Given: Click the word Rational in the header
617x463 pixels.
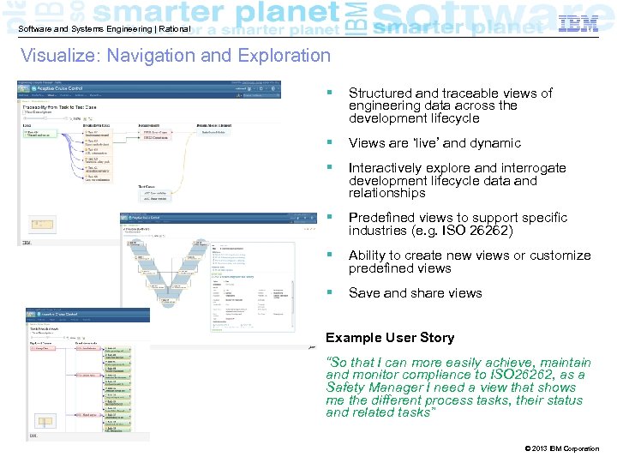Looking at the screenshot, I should click(172, 29).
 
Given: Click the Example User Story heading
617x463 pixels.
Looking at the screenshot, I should click(390, 338).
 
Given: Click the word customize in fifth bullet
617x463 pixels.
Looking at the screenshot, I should click(560, 256).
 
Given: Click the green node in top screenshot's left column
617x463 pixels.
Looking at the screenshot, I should click(38, 133).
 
